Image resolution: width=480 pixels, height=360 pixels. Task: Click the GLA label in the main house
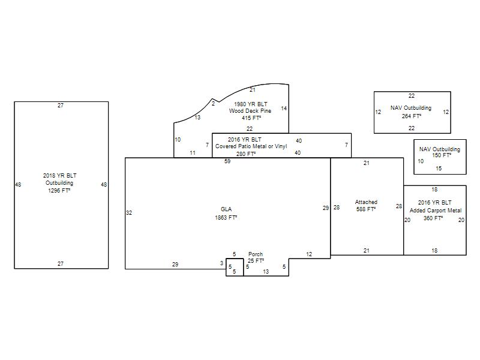coord(226,209)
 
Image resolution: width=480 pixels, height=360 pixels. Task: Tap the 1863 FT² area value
coord(226,217)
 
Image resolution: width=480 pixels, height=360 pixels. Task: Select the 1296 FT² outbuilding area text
coord(59,190)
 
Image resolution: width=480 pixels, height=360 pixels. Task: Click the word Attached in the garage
coord(366,202)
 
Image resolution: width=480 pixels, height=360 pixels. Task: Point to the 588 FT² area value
coord(366,209)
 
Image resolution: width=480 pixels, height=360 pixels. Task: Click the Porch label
coord(256,254)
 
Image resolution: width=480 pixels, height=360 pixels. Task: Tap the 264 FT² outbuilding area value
coord(412,116)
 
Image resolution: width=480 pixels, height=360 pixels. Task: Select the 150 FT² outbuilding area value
coord(442,155)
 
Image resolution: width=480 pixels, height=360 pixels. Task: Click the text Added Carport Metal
coord(436,211)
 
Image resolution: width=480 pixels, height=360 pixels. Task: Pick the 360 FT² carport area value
coord(433,218)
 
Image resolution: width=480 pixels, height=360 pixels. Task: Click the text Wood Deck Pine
coord(250,111)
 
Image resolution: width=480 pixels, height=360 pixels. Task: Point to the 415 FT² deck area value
coord(251,118)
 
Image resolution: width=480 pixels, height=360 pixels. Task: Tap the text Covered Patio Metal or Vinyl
coord(251,146)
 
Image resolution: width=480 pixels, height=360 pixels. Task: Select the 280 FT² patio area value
coord(246,154)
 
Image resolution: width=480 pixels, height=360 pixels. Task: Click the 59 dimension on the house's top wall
coord(227,161)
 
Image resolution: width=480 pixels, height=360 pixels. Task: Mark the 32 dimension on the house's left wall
coord(129,213)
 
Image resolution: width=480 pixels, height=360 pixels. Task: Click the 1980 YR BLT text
coord(250,104)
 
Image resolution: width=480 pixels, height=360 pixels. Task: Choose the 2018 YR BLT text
coord(59,175)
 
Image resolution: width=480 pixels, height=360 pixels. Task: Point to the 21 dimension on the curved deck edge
coord(252,90)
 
